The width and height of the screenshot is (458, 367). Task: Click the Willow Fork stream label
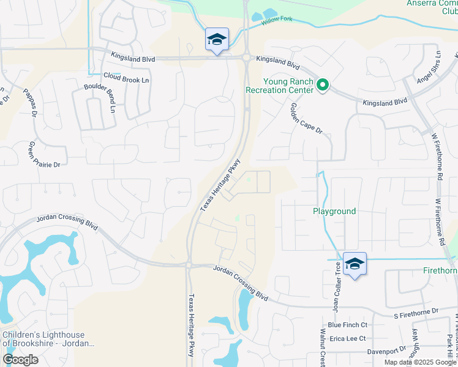278,22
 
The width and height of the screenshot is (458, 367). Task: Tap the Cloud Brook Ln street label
126,78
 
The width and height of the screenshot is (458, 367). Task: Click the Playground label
334,212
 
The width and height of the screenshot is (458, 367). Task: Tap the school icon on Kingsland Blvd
217,40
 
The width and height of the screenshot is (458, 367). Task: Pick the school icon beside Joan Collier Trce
355,264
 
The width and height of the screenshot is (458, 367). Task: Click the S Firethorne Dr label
417,311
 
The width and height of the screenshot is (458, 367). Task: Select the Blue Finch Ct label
347,325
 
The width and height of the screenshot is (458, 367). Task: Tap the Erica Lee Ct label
347,338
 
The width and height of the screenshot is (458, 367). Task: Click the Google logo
20,360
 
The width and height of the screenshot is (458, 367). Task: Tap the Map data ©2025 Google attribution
420,362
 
